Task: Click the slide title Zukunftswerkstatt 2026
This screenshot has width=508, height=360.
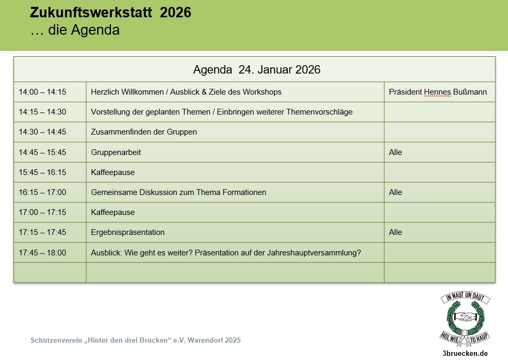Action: [110, 13]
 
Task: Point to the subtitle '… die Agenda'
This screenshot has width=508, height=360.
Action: [75, 30]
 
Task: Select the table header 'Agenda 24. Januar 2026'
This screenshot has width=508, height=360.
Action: [257, 70]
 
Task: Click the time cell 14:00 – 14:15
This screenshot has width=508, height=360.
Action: [43, 92]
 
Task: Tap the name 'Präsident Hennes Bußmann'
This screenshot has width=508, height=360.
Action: [438, 92]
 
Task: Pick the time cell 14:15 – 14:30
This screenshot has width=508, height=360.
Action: [43, 112]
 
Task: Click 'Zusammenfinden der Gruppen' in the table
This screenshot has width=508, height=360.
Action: [144, 132]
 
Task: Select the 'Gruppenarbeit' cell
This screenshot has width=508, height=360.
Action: [116, 152]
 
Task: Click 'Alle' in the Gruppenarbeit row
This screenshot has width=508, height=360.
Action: [395, 152]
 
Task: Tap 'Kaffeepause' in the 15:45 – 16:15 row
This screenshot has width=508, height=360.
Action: [113, 172]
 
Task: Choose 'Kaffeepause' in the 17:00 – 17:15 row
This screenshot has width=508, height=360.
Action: [113, 212]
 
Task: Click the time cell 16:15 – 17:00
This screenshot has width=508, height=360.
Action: [43, 192]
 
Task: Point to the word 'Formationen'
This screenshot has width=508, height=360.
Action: [243, 192]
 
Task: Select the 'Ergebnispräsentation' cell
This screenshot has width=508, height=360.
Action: [128, 232]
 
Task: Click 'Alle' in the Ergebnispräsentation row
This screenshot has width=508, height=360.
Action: [395, 232]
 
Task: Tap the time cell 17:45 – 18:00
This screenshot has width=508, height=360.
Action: [43, 253]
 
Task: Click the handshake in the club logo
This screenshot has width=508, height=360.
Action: [465, 317]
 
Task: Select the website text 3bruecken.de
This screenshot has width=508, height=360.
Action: [465, 353]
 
